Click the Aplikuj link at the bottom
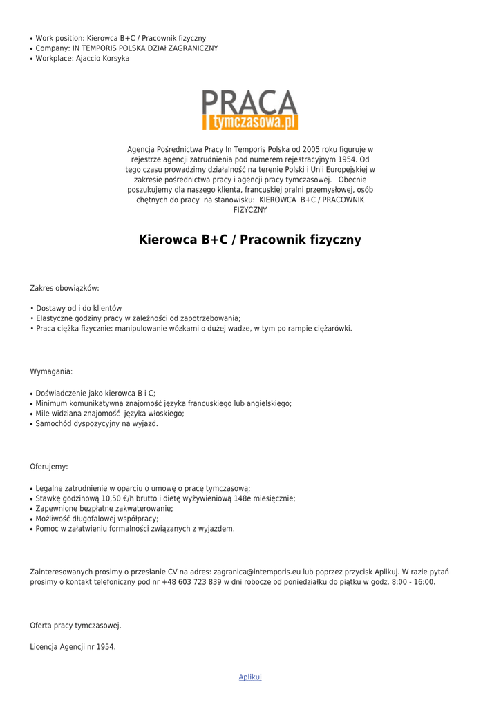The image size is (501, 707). point(250,677)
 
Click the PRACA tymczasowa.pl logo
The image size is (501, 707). point(250,110)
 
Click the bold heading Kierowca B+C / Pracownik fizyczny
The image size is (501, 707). point(250,240)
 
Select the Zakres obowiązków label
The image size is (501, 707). point(64,288)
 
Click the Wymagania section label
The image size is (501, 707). point(51,371)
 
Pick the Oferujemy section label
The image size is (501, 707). point(49,467)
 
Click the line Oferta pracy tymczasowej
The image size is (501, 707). point(75,626)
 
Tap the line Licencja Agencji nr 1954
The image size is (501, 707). point(73,647)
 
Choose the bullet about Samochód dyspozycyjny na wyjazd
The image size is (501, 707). point(97,424)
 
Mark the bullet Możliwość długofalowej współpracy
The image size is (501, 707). point(97,519)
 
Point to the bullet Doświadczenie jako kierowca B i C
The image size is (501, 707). point(95,393)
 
